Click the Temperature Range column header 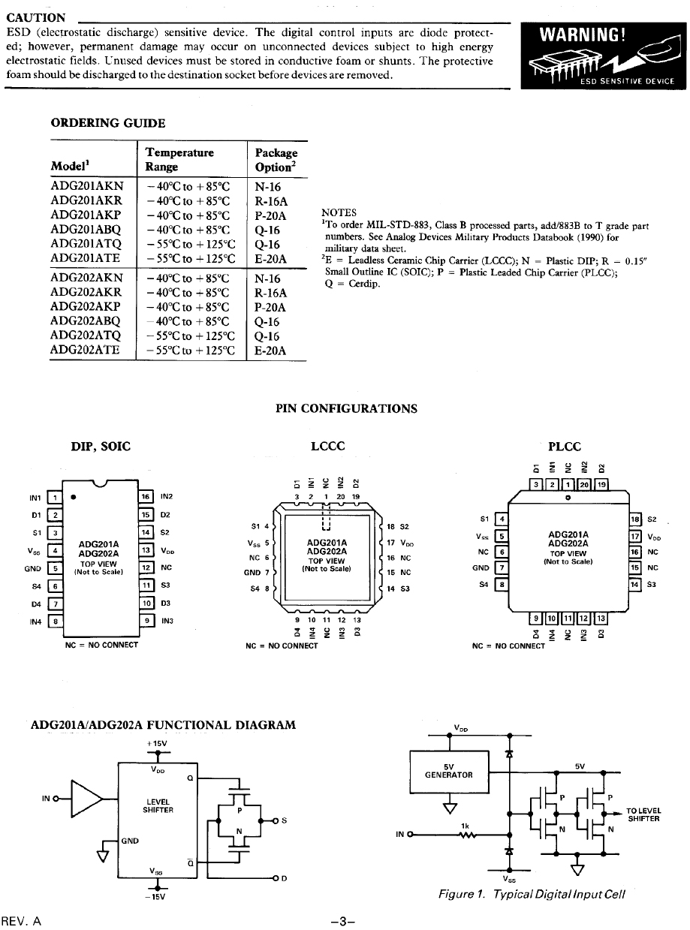tap(179, 159)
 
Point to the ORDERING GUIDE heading tap(108, 123)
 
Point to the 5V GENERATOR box tap(448, 770)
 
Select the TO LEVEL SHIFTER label tap(643, 814)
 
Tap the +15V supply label tap(158, 743)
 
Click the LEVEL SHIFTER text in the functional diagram tap(158, 805)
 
